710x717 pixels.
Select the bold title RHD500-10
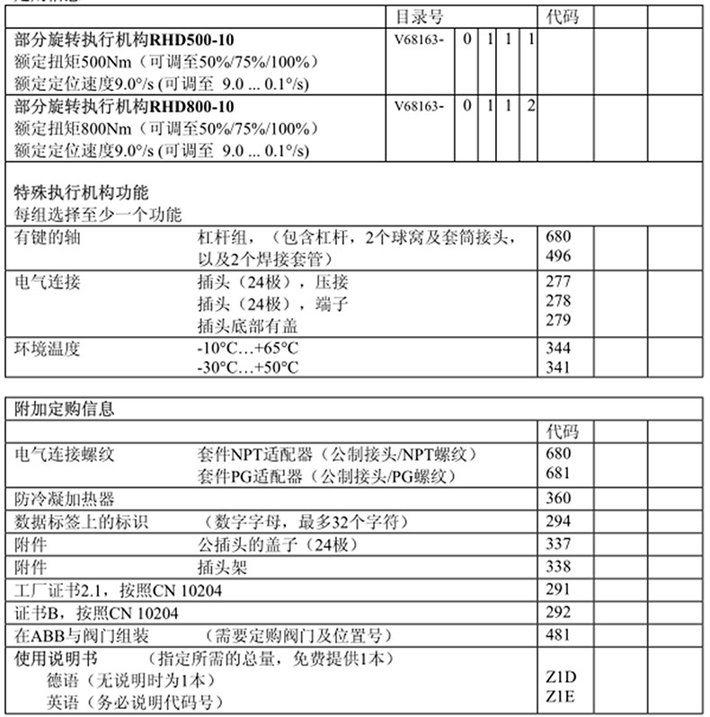(x=125, y=40)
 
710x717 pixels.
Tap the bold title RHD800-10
(x=125, y=106)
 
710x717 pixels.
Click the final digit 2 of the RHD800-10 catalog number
(x=531, y=106)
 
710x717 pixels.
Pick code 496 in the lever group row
(x=558, y=256)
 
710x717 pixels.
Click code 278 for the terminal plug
(x=558, y=301)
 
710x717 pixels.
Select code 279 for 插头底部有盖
(x=558, y=321)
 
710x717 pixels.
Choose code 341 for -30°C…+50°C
(x=558, y=367)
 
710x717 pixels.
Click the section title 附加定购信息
(x=66, y=409)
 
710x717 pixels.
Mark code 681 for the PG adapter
(x=558, y=473)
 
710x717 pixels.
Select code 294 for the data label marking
(x=558, y=521)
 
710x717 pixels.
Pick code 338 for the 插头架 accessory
(x=558, y=567)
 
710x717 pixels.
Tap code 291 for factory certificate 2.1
(x=558, y=590)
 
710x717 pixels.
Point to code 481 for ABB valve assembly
(x=558, y=636)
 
